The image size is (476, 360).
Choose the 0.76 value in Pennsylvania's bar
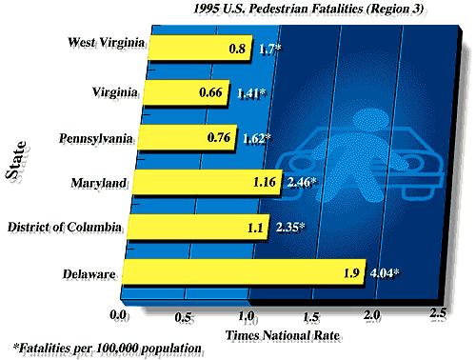coord(221,137)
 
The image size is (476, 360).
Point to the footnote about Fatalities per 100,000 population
coord(107,348)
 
